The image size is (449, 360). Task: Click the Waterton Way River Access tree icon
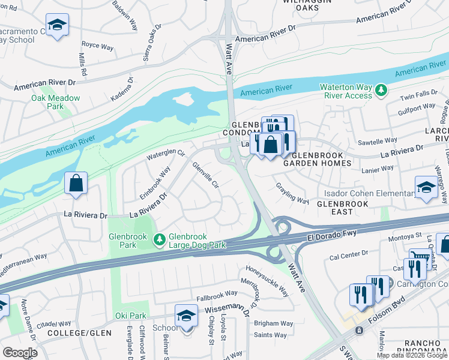click(381, 91)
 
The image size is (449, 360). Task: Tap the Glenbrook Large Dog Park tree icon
click(159, 240)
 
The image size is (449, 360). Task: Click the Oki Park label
click(130, 316)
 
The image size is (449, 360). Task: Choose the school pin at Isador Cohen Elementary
click(426, 187)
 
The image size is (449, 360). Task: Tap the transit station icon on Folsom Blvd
click(360, 330)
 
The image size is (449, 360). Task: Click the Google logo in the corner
click(20, 352)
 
